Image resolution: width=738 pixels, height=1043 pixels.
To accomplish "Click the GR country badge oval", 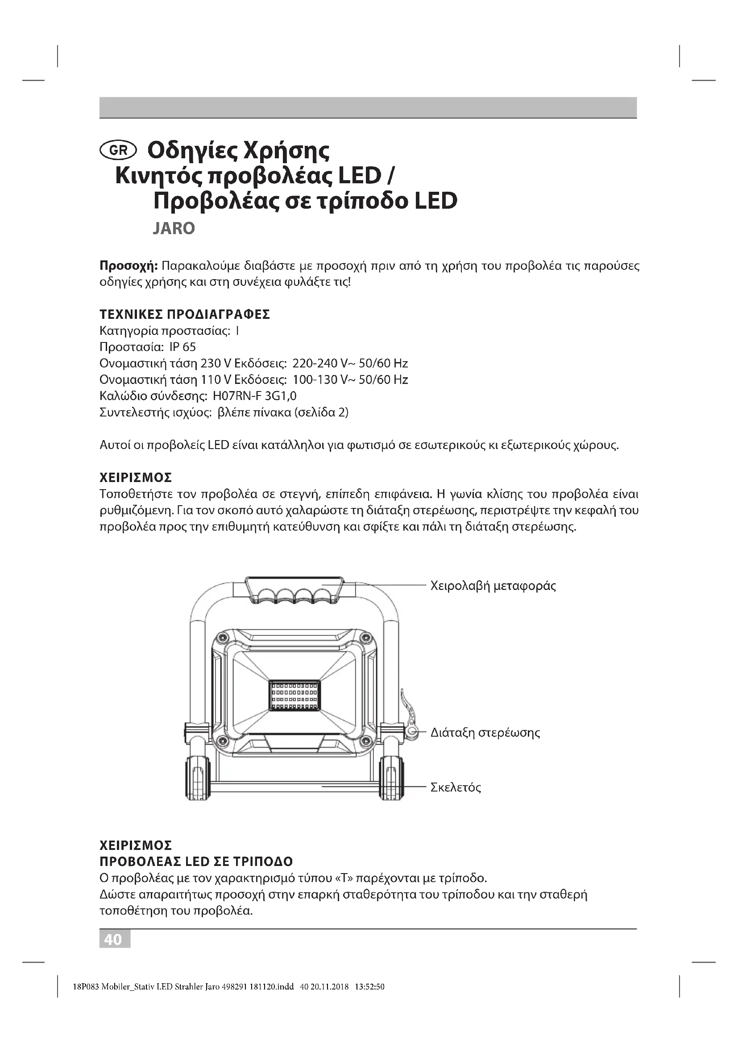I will pos(118,150).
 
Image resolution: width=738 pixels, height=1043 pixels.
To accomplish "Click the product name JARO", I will pos(174,228).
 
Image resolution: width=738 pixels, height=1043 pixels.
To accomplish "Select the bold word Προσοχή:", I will pos(129,266).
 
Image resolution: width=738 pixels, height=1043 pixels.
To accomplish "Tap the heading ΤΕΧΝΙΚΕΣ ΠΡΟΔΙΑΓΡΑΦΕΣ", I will pos(185,314).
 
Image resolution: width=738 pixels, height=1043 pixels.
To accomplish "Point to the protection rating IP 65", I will pos(182,347).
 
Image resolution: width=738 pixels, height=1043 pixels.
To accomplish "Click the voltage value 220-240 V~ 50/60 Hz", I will pos(350,363).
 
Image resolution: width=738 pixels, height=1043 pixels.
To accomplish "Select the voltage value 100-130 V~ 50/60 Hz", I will pos(350,380).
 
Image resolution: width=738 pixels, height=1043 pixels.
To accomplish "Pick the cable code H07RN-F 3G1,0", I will pos(254,396).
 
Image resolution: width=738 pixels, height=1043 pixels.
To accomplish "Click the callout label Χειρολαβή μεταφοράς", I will pos(493,585).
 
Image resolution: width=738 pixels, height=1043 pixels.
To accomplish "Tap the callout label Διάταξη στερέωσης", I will pos(485,732).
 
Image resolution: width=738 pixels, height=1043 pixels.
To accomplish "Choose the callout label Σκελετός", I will pos(456,787).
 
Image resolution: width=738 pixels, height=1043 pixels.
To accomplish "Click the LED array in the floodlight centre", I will pos(294,696).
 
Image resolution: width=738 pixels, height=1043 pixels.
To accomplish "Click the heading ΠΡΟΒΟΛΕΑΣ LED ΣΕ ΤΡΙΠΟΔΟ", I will pos(196,862).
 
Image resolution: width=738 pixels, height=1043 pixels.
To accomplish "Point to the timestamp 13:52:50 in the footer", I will pos(369,987).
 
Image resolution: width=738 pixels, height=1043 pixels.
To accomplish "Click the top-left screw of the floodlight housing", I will pos(222,638).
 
